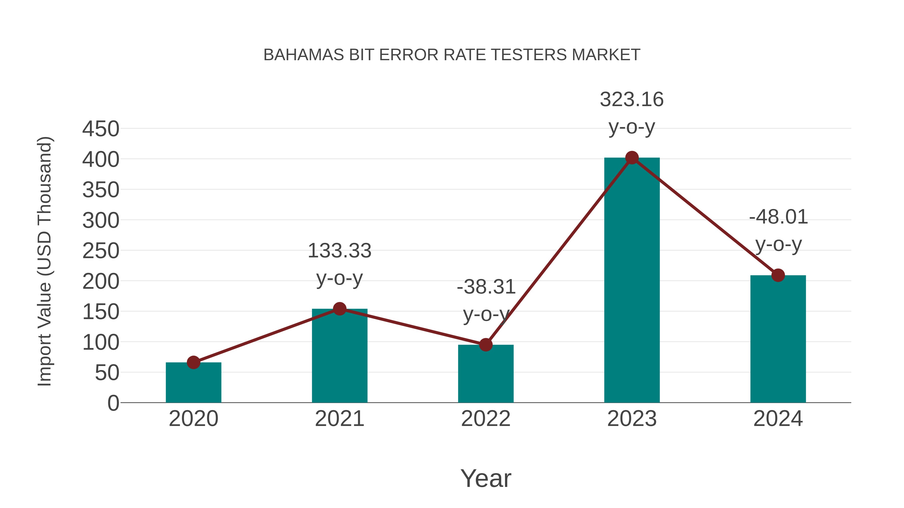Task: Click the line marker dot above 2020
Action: (193, 362)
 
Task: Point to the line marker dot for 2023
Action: (632, 158)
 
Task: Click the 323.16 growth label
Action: (632, 100)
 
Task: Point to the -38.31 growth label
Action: (486, 287)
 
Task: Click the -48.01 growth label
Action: (778, 217)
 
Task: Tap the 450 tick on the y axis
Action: (101, 129)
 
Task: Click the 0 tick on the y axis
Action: (113, 403)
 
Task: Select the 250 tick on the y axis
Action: (101, 251)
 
